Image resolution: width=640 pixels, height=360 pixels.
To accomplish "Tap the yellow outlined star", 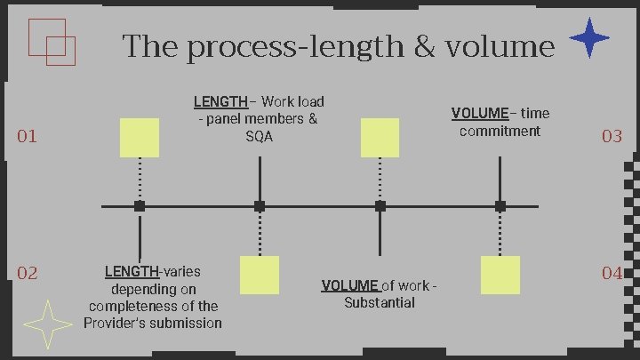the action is (x=45, y=324).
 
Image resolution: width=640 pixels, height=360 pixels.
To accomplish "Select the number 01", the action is (x=28, y=136).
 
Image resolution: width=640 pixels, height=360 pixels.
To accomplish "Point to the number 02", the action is (x=28, y=273).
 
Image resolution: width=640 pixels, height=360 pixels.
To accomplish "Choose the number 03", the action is (x=612, y=136).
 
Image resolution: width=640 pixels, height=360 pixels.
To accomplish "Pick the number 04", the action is (x=612, y=273).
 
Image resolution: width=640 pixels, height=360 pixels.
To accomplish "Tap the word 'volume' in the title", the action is (x=502, y=45).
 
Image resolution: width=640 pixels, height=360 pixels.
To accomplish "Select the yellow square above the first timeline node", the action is (x=140, y=137).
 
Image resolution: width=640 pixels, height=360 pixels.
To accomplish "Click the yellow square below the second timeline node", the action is (x=260, y=275).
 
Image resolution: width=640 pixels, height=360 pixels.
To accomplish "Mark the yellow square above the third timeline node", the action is (x=380, y=137).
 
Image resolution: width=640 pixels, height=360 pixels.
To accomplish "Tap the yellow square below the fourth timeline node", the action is (x=500, y=275).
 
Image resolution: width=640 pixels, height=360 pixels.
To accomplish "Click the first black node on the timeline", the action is (x=140, y=206).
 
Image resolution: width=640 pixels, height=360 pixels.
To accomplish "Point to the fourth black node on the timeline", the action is (x=500, y=206).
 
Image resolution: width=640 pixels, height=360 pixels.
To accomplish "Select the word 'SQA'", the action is (x=260, y=137).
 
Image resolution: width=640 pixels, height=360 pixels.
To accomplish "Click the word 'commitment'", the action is (x=500, y=131).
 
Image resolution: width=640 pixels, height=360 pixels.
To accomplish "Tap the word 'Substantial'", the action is (x=380, y=302).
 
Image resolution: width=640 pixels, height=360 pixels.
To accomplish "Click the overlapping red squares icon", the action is (x=52, y=42).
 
